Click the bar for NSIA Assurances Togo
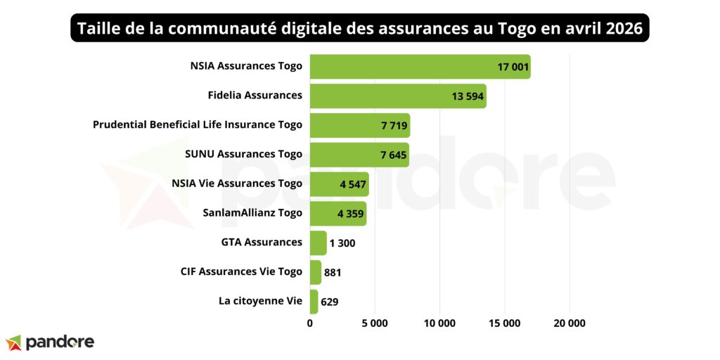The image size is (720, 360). [420, 67]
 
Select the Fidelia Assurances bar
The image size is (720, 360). [398, 96]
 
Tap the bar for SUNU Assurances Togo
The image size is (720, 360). [359, 155]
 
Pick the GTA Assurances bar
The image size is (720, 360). [318, 243]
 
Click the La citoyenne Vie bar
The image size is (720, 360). [314, 302]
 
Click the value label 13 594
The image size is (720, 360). [468, 96]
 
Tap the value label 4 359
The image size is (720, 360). [349, 214]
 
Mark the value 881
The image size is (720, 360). [333, 272]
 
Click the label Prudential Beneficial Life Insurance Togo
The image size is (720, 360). [198, 124]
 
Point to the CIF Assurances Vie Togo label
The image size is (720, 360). [241, 271]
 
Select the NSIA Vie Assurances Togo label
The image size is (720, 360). [237, 183]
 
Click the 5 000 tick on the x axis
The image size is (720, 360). [374, 323]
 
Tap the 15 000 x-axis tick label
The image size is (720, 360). [504, 323]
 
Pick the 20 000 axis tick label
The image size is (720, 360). [569, 323]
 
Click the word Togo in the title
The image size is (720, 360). [503, 30]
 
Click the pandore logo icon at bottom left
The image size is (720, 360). [13, 342]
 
